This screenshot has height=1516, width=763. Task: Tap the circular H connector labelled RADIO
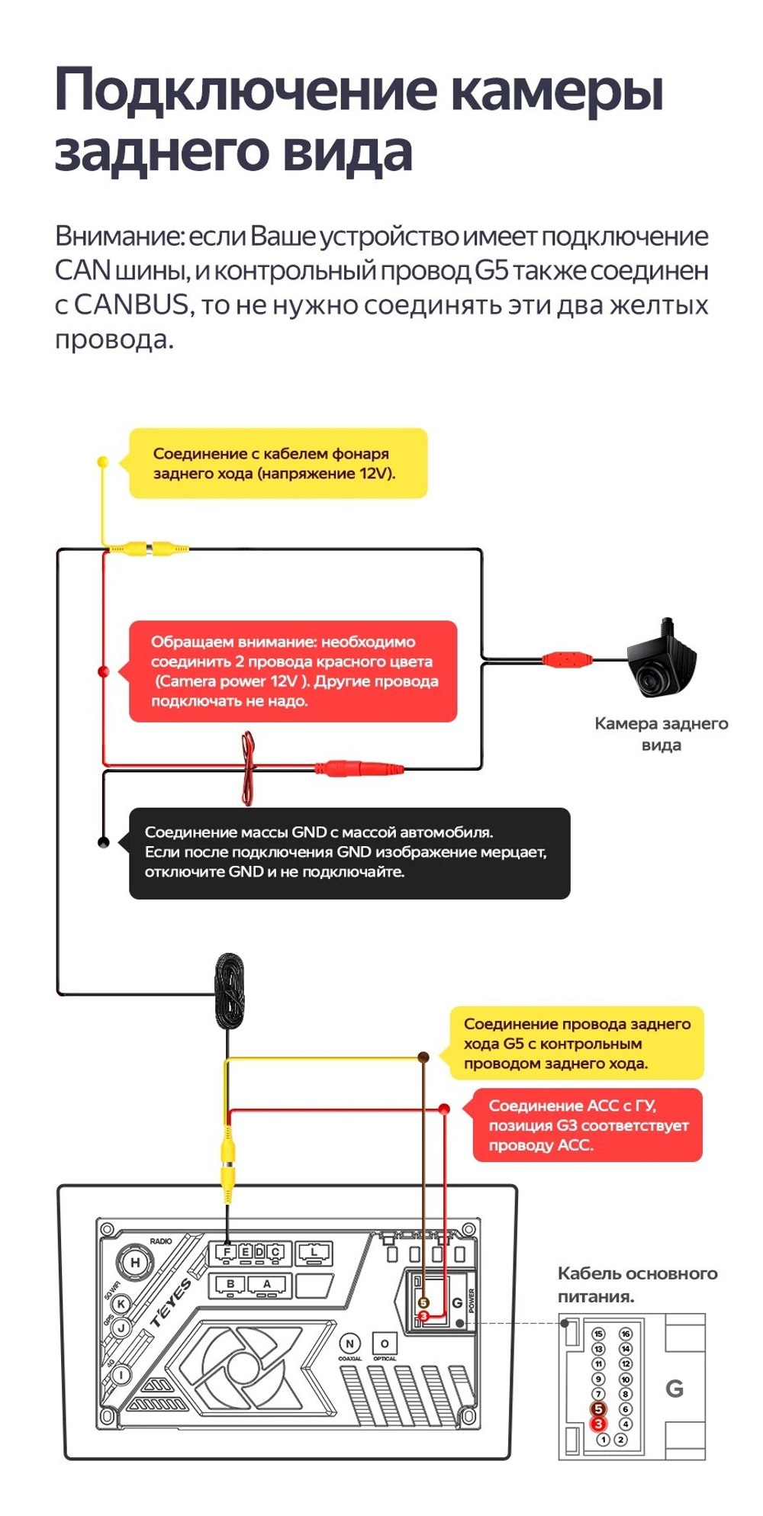[x=135, y=1263]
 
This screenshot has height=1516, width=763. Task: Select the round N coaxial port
[x=349, y=1344]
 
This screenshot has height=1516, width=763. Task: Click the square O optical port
[x=385, y=1344]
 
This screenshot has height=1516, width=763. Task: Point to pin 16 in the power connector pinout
[x=626, y=1334]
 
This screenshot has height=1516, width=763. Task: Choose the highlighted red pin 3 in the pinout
[x=598, y=1424]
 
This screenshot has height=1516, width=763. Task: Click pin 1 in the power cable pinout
[x=604, y=1440]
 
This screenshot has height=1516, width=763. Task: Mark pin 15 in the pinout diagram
[x=598, y=1334]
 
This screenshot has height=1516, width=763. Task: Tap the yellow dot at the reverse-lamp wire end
[x=103, y=462]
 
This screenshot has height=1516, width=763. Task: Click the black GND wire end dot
[x=104, y=842]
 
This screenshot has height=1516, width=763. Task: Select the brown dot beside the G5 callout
[x=423, y=1057]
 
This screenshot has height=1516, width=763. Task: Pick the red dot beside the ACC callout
[x=445, y=1109]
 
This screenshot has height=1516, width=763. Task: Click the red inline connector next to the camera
[x=567, y=659]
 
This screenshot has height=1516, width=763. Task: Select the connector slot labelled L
[x=314, y=1252]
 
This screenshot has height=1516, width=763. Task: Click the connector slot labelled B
[x=230, y=1284]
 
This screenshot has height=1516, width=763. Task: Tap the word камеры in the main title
[x=556, y=90]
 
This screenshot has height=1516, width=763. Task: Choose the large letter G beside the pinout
[x=674, y=1389]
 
